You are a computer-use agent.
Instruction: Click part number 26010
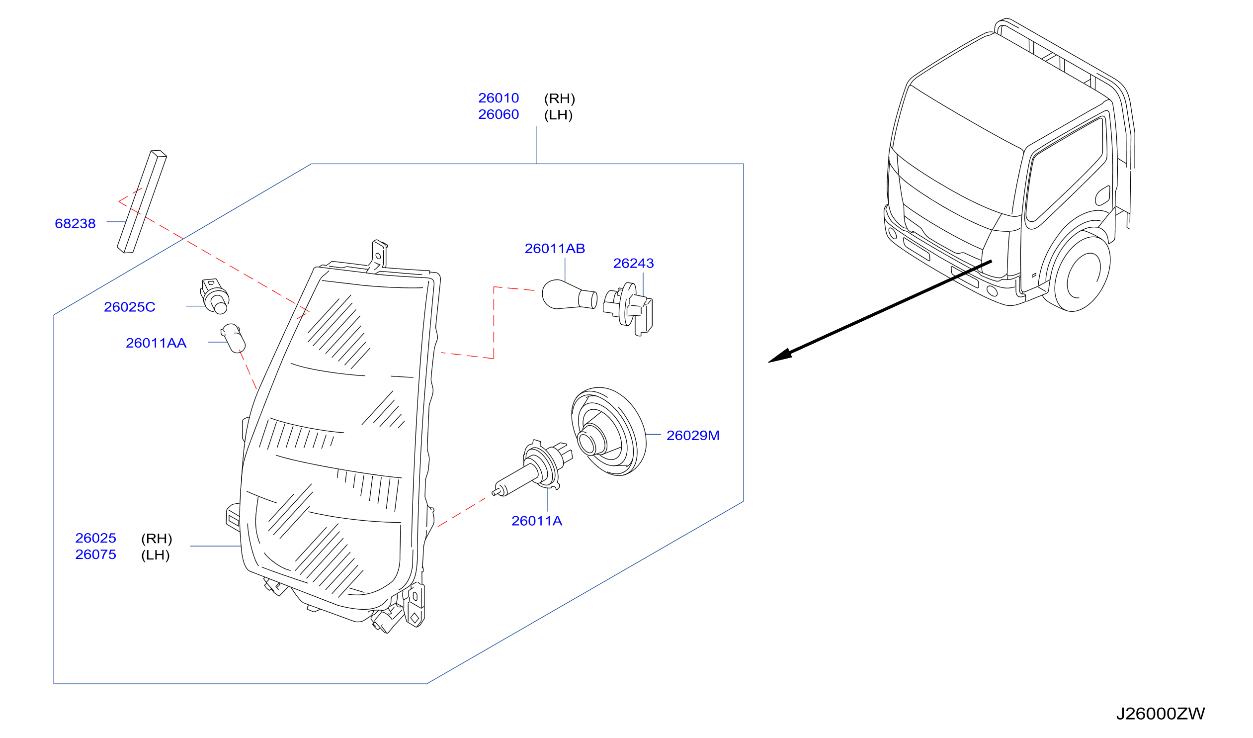498,98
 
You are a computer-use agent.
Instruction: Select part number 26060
498,114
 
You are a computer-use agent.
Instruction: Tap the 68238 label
75,223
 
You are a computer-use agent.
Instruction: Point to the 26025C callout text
129,307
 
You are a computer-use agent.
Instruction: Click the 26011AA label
156,343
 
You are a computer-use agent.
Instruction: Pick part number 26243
633,263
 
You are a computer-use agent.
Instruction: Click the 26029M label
693,436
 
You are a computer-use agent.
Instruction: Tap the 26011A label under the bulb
536,521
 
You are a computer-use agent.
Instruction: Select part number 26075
95,554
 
